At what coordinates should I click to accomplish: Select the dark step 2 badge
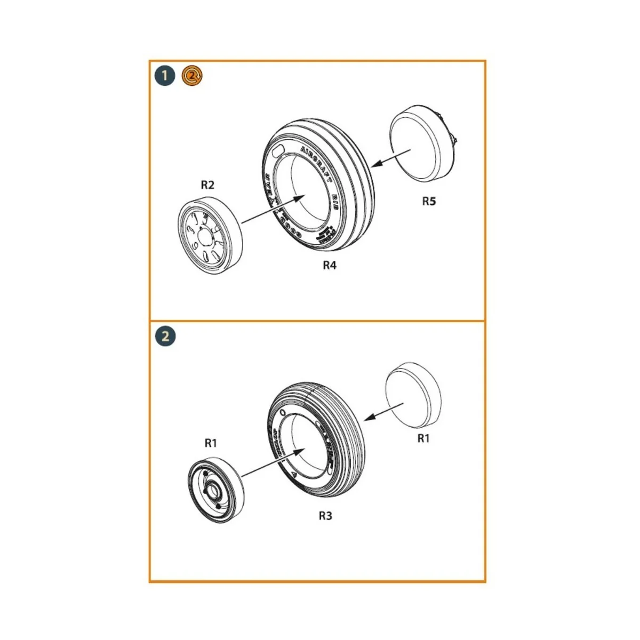[x=165, y=337]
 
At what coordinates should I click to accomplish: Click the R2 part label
[x=207, y=185]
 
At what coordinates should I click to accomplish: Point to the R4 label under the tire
[x=330, y=265]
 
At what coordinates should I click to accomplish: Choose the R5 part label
[x=429, y=201]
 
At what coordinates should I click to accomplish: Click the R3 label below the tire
[x=325, y=516]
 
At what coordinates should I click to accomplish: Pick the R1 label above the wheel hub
[x=211, y=443]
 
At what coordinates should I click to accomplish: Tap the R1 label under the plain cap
[x=423, y=438]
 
